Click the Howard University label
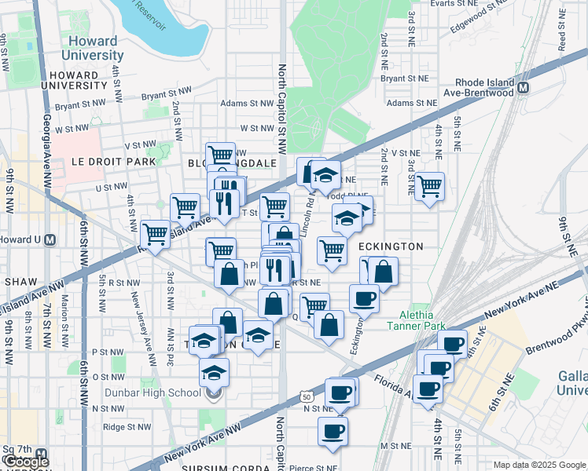[x=92, y=48]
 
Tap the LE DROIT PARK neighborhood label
[x=113, y=160]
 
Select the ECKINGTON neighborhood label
[x=391, y=246]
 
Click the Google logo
[x=26, y=461]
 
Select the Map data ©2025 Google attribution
[x=539, y=465]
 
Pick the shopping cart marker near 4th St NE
[x=429, y=187]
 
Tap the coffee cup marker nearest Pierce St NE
[x=333, y=430]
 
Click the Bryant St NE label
[x=404, y=78]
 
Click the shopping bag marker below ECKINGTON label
[x=383, y=272]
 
